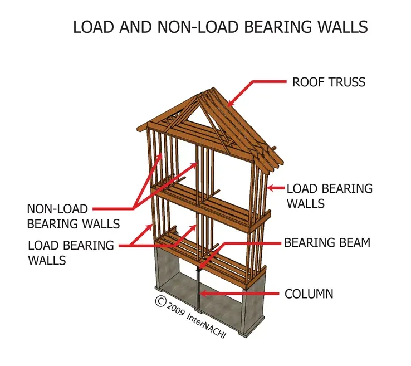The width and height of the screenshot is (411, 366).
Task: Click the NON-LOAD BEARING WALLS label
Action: tap(73, 216)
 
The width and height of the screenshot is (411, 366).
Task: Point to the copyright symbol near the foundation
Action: tap(160, 301)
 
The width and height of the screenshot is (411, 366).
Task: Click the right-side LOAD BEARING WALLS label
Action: tap(329, 196)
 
